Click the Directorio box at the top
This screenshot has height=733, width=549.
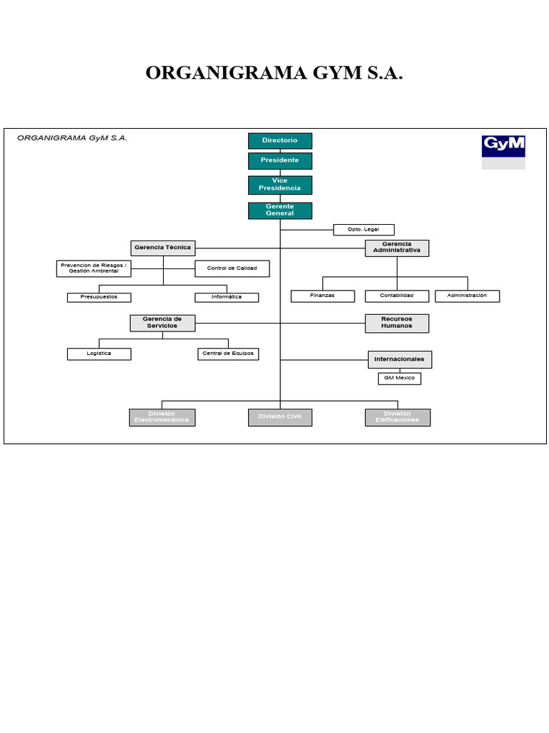point(280,141)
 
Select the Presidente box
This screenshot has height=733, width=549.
point(280,160)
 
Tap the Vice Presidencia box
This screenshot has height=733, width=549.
point(280,185)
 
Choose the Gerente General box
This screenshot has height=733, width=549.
point(280,210)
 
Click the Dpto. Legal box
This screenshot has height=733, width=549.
point(364,230)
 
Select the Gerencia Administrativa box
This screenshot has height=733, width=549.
point(397,248)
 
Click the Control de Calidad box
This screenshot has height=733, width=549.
point(232,268)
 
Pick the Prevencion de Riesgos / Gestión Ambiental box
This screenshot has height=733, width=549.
point(94,268)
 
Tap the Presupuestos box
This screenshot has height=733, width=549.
point(99,297)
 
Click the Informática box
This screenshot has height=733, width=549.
point(227,297)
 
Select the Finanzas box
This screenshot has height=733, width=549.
point(322,296)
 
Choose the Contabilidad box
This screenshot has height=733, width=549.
point(397,296)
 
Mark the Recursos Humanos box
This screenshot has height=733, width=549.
point(397,323)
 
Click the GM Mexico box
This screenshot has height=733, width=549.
point(399,378)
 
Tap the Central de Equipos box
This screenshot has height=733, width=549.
point(228,354)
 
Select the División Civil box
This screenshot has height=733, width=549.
point(280,417)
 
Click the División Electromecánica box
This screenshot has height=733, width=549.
point(162,417)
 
